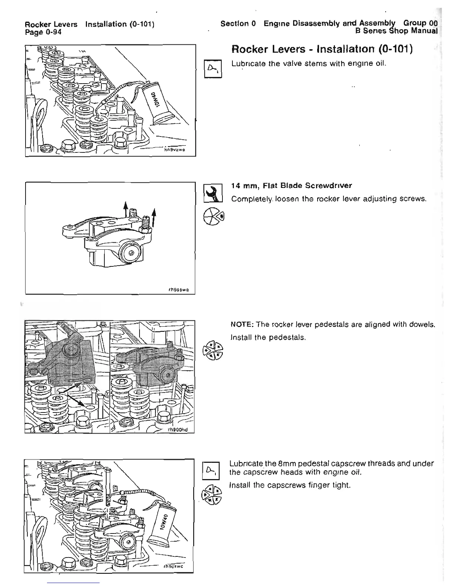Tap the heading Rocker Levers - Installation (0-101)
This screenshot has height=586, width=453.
(x=322, y=50)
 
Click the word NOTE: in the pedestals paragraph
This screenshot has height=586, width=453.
(x=242, y=325)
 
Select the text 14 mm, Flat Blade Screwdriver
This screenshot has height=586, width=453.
(x=292, y=185)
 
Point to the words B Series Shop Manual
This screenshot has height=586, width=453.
(x=396, y=31)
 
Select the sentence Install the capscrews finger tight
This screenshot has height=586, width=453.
(x=290, y=485)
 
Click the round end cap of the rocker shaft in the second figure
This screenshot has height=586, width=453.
(x=130, y=253)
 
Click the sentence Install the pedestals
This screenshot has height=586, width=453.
(x=268, y=337)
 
